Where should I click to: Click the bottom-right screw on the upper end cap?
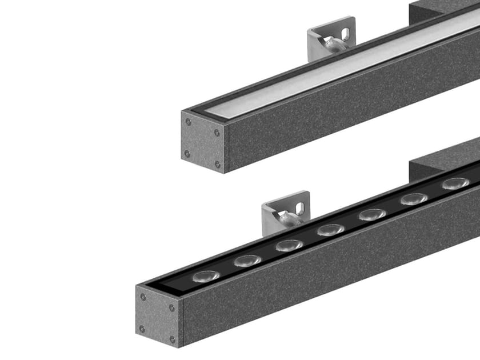tap(217, 164)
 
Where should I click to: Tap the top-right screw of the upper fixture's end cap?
tap(217, 133)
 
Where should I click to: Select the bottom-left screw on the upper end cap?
tap(187, 153)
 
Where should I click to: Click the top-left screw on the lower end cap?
tap(143, 297)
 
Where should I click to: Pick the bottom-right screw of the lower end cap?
tap(172, 339)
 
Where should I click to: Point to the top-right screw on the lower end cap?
tap(171, 308)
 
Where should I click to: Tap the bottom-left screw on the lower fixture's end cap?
tap(142, 329)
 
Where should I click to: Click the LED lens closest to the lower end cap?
tap(206, 276)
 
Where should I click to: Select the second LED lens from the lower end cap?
tap(247, 261)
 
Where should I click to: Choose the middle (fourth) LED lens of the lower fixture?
tap(331, 230)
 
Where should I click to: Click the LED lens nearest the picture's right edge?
tap(455, 183)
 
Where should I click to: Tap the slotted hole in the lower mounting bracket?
tap(299, 209)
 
